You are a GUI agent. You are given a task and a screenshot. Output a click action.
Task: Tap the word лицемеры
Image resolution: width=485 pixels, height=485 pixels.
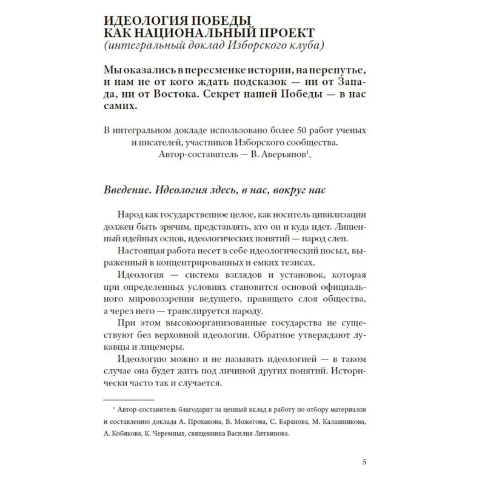click(x=138, y=347)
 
